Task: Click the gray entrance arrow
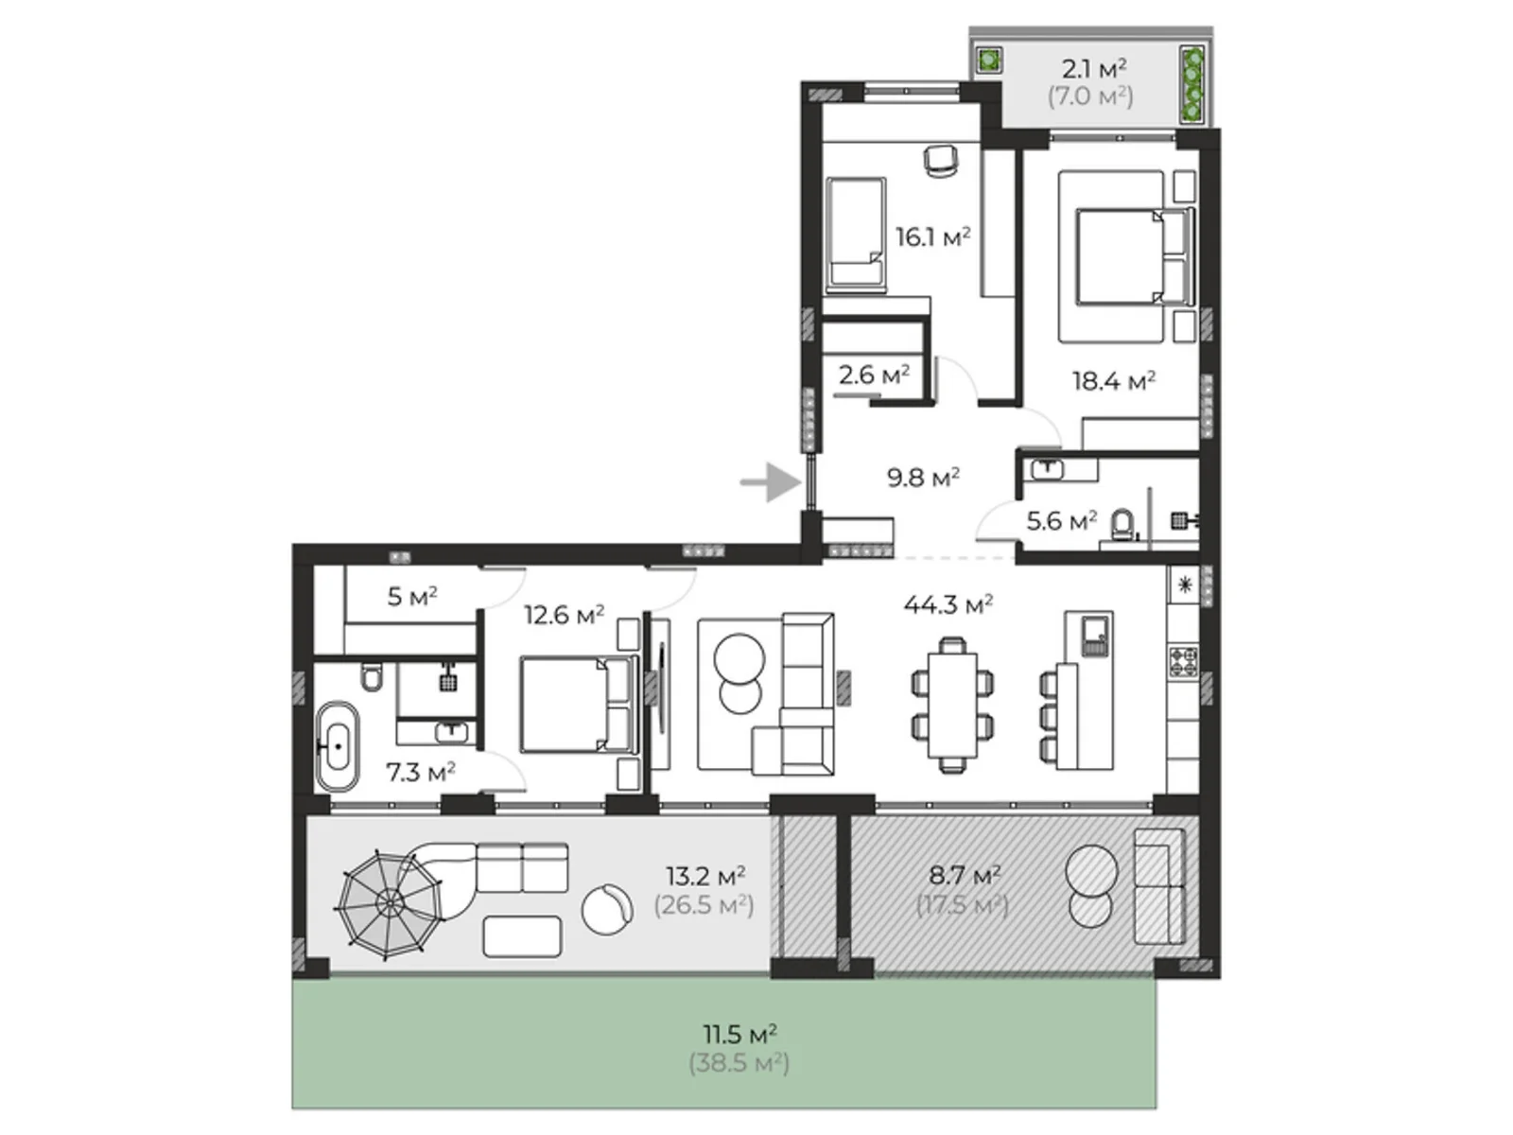click(771, 481)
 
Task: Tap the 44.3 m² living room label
click(948, 604)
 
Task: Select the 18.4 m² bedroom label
click(1113, 380)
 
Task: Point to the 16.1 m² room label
click(932, 236)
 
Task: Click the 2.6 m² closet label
click(874, 375)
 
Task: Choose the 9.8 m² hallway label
click(924, 478)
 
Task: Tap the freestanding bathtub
click(337, 746)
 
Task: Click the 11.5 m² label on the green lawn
click(739, 1035)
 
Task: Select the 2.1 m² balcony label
click(1094, 69)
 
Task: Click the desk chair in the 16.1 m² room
click(940, 161)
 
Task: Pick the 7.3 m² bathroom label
click(421, 773)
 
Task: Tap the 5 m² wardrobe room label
click(412, 596)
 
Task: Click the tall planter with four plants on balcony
click(1192, 85)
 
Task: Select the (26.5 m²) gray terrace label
click(704, 904)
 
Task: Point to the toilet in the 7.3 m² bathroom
click(373, 677)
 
